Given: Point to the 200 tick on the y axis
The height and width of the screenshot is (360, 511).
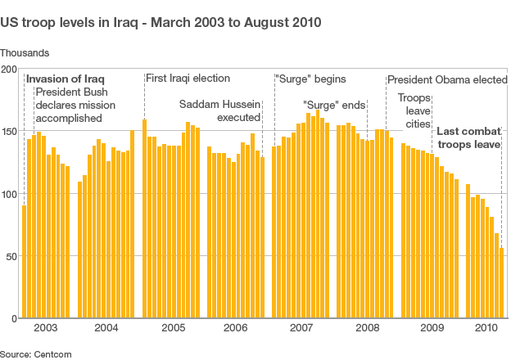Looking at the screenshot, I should pyautogui.click(x=9, y=70).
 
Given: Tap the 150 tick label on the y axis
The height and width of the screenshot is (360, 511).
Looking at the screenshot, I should pyautogui.click(x=9, y=132).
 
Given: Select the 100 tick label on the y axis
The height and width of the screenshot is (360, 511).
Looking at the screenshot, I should pyautogui.click(x=9, y=194).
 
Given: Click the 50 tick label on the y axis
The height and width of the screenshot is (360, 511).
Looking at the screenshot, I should pyautogui.click(x=11, y=256).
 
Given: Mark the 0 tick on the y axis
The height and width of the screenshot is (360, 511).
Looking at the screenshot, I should pyautogui.click(x=14, y=318).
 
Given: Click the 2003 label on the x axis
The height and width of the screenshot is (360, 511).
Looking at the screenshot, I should pyautogui.click(x=46, y=328).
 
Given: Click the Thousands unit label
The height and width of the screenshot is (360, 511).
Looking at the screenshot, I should pyautogui.click(x=25, y=52).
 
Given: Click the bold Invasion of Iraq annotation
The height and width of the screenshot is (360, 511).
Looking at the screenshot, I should pyautogui.click(x=65, y=79).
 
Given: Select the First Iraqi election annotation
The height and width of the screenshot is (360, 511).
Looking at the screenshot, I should pyautogui.click(x=188, y=79).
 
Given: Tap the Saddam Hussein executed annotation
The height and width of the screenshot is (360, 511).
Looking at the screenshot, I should pyautogui.click(x=219, y=111).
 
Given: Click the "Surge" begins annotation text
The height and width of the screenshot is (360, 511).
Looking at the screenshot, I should pyautogui.click(x=310, y=79).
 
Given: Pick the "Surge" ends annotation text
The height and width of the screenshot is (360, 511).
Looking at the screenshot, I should pyautogui.click(x=334, y=105).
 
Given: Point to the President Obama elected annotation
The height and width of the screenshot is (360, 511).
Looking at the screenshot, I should pyautogui.click(x=447, y=80).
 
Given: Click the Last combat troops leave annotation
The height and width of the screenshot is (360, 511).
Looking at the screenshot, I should pyautogui.click(x=468, y=137).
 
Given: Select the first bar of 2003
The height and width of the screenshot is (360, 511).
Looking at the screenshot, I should pyautogui.click(x=24, y=262).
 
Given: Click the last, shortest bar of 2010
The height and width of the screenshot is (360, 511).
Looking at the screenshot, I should pyautogui.click(x=501, y=283).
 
